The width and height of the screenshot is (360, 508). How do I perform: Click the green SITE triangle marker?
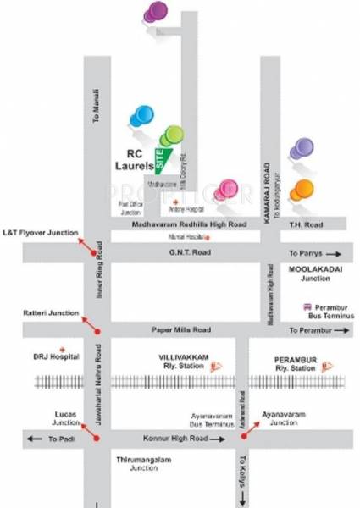click(163, 158)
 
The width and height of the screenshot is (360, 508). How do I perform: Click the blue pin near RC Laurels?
click(141, 116)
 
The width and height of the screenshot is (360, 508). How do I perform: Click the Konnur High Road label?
click(175, 439)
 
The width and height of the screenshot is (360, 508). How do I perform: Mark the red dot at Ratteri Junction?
click(97, 329)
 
